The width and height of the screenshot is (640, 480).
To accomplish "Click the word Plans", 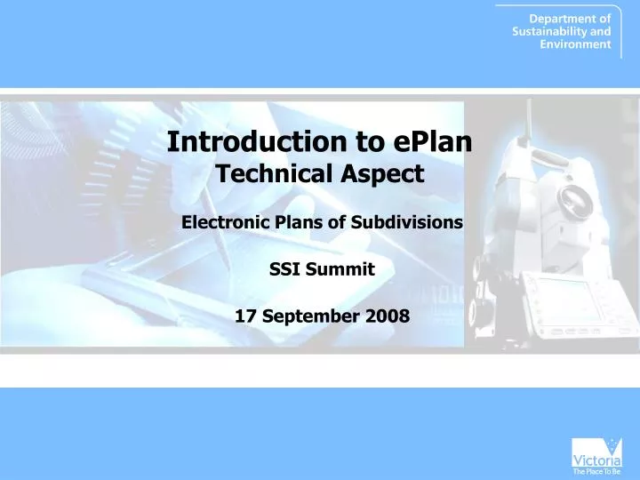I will [x=298, y=222].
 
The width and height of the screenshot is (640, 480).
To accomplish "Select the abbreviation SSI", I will [x=285, y=269].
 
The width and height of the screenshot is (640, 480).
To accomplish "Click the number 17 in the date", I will [x=245, y=316].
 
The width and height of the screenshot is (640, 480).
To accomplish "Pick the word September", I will [x=307, y=316].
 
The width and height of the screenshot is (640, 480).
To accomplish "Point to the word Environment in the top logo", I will [x=575, y=44].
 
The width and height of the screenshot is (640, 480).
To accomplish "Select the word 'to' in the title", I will [x=372, y=141].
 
